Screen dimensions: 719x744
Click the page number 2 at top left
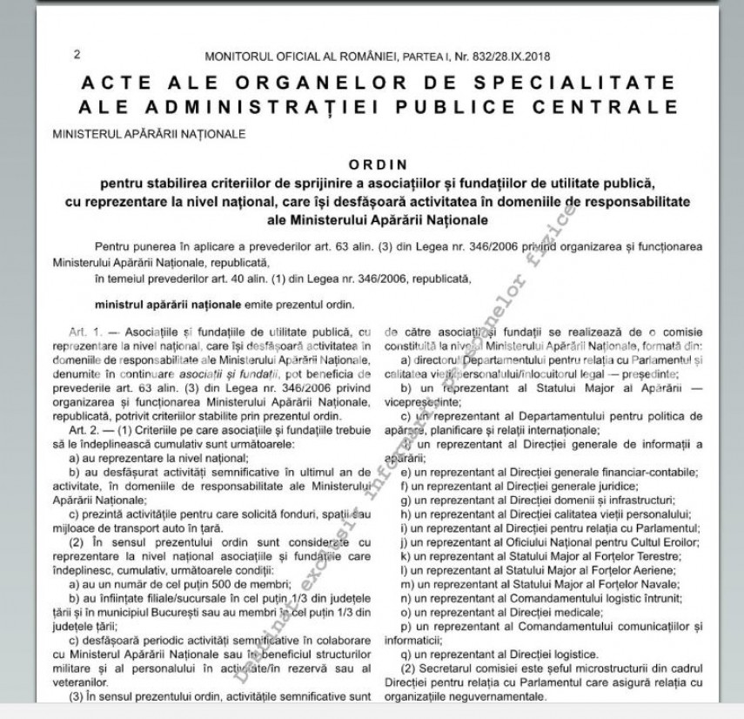pos(77,55)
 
